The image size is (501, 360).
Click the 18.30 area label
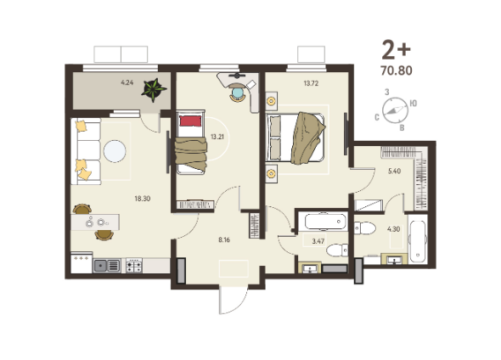(x=142, y=199)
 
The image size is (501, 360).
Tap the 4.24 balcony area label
(x=127, y=82)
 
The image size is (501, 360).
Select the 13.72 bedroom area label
(x=311, y=83)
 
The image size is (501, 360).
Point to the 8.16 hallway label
(x=224, y=239)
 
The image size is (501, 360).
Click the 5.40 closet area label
(x=394, y=172)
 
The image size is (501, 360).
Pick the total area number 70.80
(x=397, y=70)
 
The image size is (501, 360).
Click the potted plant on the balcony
(x=154, y=90)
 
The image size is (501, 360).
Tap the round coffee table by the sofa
(x=115, y=151)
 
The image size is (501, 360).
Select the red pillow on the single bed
(x=191, y=121)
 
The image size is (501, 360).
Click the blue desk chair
(x=237, y=93)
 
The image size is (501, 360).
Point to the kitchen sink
(x=107, y=266)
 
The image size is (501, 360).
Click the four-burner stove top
(x=134, y=265)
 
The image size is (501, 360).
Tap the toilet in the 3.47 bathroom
(x=337, y=250)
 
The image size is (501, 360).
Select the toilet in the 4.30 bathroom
(x=365, y=228)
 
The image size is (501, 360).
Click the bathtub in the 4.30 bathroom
(x=418, y=239)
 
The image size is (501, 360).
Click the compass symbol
(x=395, y=110)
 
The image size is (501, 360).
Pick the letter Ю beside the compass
(x=414, y=104)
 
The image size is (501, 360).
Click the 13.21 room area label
(x=217, y=137)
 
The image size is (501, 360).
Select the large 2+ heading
(x=397, y=50)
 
